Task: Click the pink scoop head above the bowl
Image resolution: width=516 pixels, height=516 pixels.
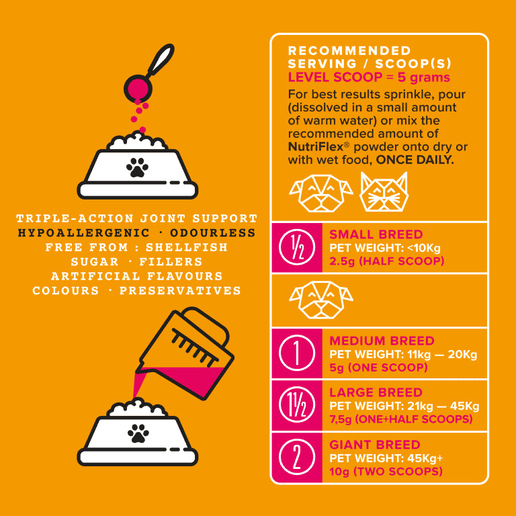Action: [x=138, y=88]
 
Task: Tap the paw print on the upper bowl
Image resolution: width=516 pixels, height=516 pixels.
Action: [x=137, y=167]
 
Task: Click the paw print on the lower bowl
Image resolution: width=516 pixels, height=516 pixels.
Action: [x=138, y=433]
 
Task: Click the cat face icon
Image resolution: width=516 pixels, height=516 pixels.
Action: [x=384, y=192]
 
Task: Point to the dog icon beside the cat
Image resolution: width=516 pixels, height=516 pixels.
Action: [x=321, y=193]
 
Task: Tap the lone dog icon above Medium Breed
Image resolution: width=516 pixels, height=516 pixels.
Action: [x=321, y=300]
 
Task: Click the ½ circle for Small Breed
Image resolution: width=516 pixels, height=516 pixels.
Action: [x=297, y=247]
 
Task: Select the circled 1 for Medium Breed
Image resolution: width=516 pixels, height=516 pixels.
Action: [x=297, y=353]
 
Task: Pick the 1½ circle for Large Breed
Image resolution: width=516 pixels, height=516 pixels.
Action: [x=297, y=405]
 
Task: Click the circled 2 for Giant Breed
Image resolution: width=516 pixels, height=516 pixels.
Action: [x=297, y=457]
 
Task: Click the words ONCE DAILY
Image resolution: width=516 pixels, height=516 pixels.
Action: [x=415, y=160]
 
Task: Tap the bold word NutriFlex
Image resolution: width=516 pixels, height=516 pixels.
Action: [x=316, y=146]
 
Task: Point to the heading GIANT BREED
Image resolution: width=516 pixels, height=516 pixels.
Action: [x=375, y=445]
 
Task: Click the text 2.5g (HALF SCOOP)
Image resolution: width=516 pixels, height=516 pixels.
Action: [x=387, y=261]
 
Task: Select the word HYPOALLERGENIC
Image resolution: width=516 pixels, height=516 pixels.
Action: [x=84, y=232]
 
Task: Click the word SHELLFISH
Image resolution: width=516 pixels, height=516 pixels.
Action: [x=187, y=247]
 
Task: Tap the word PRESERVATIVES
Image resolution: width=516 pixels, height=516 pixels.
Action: [x=180, y=290]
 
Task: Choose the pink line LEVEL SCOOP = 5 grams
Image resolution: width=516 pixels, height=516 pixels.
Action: [x=369, y=78]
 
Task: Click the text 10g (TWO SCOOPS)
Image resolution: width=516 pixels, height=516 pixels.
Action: [x=386, y=471]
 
